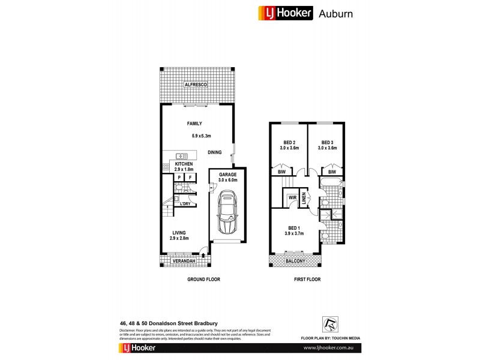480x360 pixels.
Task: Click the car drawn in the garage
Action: point(226,213)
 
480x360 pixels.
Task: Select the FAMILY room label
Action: point(194,124)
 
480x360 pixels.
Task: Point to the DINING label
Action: point(215,152)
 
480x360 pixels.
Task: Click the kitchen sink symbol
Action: point(179,156)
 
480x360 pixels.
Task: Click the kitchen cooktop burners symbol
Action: point(165,167)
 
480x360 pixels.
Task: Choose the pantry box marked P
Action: point(179,178)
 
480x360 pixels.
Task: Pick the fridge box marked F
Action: point(190,178)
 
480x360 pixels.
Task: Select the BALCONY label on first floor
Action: point(295,262)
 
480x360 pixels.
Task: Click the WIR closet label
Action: point(293,197)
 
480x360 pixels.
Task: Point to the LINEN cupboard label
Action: point(304,198)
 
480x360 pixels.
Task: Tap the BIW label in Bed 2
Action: point(281,172)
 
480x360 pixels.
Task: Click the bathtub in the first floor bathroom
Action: point(331,181)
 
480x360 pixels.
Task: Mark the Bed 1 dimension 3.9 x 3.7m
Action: point(295,234)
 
